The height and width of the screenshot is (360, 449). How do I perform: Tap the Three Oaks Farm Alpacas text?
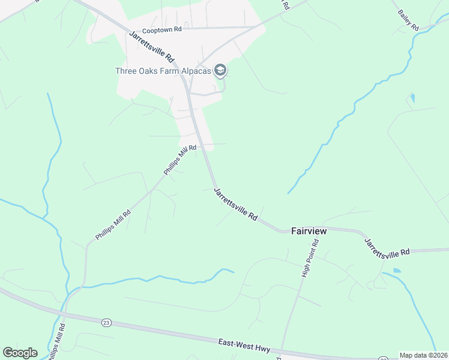coord(163,71)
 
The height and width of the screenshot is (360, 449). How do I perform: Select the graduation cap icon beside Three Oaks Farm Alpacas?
coord(220,71)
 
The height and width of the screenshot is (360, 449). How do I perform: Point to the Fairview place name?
coord(309,230)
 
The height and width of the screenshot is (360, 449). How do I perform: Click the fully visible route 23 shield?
coord(106,322)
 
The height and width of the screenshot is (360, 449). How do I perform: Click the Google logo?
coord(20,353)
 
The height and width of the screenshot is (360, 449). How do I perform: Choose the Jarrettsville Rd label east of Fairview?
coord(387,247)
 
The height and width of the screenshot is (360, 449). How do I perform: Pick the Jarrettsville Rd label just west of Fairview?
coord(236,205)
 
